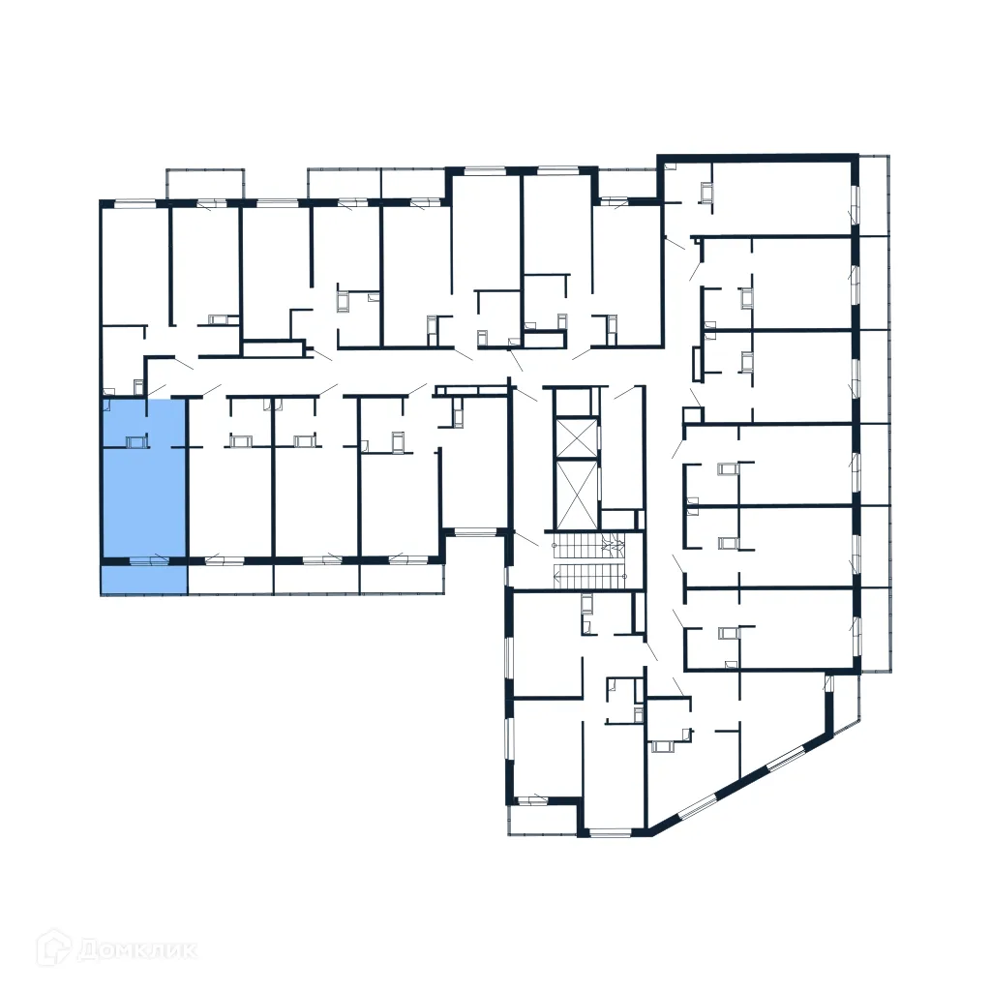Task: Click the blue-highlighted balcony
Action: click(x=143, y=580)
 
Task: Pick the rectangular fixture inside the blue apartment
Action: click(x=135, y=442)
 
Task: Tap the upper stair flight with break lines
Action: click(x=591, y=547)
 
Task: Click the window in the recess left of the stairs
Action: click(x=474, y=531)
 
